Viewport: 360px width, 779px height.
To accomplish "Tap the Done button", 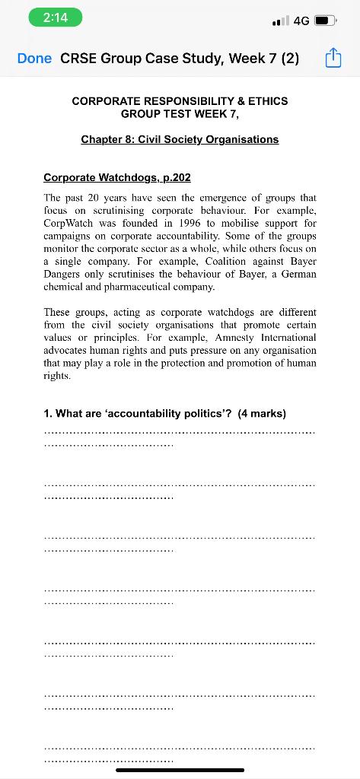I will coord(34,59).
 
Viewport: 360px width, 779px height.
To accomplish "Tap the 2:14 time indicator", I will coord(56,18).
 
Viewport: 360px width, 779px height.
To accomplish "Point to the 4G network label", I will coord(301,21).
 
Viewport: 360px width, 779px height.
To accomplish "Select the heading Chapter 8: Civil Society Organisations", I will coord(180,139).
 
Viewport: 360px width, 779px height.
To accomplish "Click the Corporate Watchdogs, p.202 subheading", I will coord(116,177).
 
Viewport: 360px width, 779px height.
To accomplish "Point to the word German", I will coord(296,275).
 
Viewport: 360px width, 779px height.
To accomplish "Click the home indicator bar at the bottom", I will coord(180,770).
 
